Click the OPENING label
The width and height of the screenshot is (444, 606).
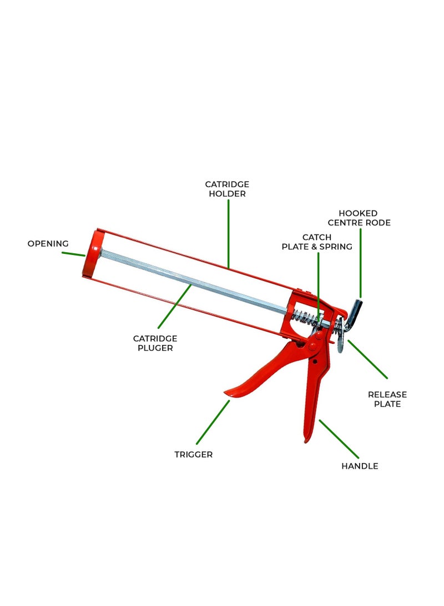click(x=48, y=243)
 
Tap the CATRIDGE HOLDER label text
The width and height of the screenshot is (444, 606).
click(x=227, y=189)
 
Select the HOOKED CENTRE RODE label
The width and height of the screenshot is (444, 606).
click(x=359, y=218)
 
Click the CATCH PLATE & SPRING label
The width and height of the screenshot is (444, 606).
click(x=317, y=242)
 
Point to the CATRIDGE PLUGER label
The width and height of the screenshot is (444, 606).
click(x=155, y=343)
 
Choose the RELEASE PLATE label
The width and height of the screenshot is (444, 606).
click(x=387, y=399)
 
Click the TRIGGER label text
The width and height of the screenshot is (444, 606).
click(x=194, y=454)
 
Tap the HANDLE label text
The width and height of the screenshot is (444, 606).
click(x=360, y=466)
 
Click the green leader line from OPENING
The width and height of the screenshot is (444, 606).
click(x=73, y=254)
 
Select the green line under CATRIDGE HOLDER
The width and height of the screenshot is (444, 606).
click(x=228, y=234)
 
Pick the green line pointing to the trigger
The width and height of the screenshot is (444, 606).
click(x=213, y=422)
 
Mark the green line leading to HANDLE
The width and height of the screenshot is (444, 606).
click(x=339, y=439)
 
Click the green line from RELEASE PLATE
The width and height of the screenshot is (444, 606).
click(x=367, y=359)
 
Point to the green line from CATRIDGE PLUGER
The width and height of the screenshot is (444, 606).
click(x=174, y=307)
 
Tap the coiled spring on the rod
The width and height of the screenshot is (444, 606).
click(x=305, y=318)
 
